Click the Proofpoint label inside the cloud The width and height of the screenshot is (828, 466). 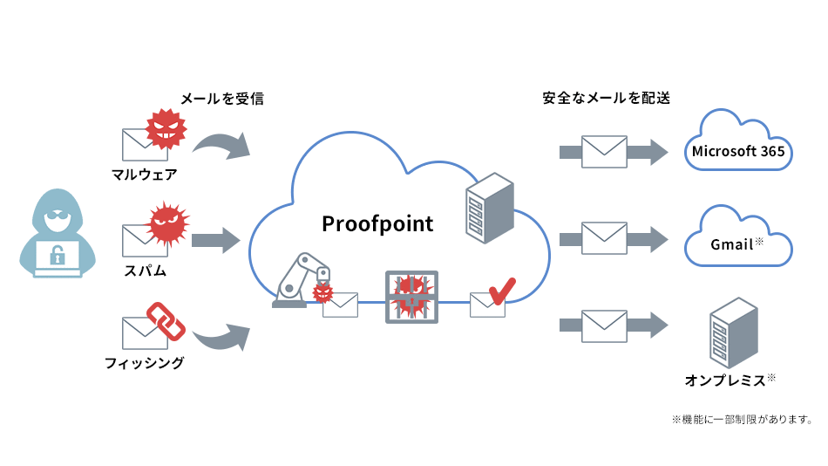click(x=377, y=223)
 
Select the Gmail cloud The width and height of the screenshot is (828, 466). click(x=737, y=238)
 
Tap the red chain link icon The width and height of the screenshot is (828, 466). click(x=165, y=320)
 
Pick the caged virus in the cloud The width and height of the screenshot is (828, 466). click(x=411, y=297)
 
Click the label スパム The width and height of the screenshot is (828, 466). click(x=145, y=270)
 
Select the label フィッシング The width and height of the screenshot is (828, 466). click(x=145, y=362)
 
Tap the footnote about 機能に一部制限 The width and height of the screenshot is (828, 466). click(x=742, y=420)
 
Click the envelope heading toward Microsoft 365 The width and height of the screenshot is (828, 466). click(x=604, y=152)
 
